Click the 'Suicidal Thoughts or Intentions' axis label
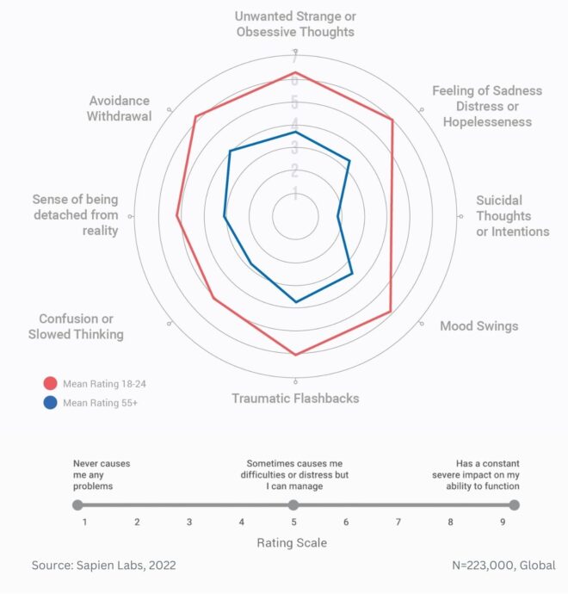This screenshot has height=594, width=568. (x=512, y=216)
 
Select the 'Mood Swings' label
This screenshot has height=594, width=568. (x=478, y=326)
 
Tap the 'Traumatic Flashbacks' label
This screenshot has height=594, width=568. (x=295, y=399)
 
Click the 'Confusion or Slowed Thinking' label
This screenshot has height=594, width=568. (x=76, y=326)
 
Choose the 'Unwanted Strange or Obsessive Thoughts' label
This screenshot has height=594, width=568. (x=296, y=24)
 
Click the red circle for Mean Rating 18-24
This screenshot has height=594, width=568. (x=50, y=383)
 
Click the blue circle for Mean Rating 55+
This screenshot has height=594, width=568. (x=50, y=402)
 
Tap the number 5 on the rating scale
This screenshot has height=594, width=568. (x=293, y=522)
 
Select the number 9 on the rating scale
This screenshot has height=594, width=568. (x=503, y=522)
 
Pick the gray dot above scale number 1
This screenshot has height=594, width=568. (x=77, y=505)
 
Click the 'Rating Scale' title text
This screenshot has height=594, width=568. (x=292, y=543)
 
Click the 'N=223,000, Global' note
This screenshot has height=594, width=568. (x=503, y=566)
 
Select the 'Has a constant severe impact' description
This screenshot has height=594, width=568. (x=487, y=474)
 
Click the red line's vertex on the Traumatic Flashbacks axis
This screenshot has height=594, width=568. (x=296, y=355)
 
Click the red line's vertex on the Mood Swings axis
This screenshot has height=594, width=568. (x=391, y=311)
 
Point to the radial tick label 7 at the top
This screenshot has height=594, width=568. (x=294, y=58)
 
